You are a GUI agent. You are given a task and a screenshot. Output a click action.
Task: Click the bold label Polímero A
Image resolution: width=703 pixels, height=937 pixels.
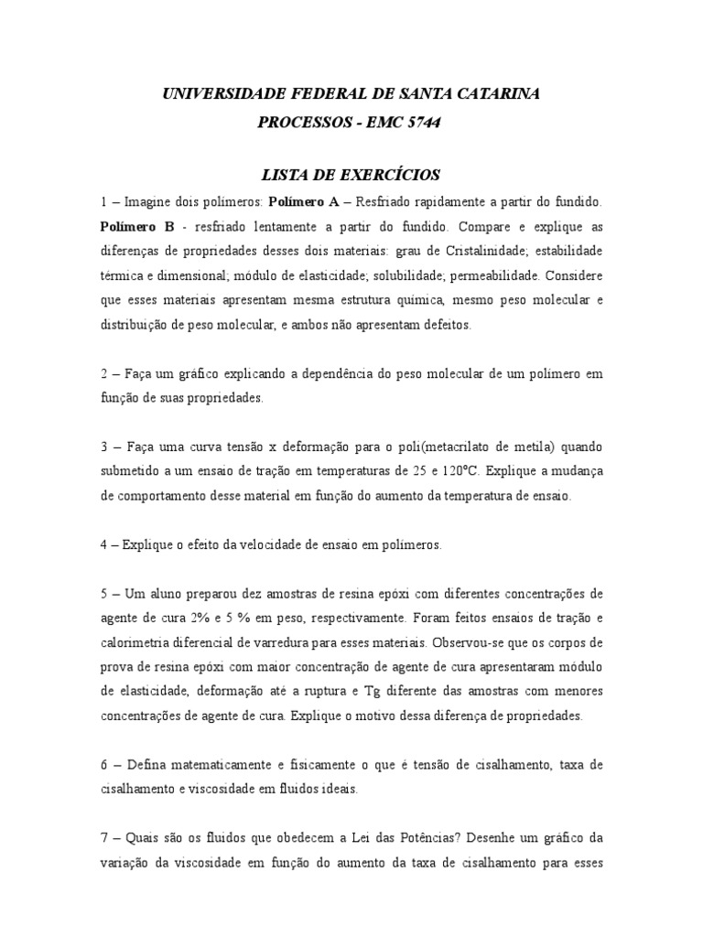[303, 199]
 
